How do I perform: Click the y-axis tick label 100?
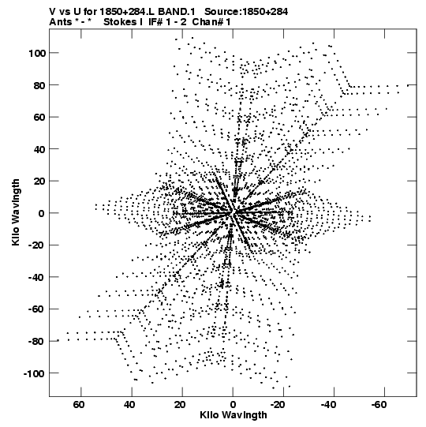37,54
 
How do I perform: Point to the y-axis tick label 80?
39,85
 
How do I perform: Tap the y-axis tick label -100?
34,373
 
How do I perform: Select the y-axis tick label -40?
37,278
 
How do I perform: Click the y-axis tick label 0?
41,213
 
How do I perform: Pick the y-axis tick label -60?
37,309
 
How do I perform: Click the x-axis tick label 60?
78,405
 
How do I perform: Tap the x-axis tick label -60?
379,405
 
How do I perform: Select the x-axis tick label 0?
233,405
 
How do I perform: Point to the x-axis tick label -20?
278,405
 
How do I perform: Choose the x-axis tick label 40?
129,405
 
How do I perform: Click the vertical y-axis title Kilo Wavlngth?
16,212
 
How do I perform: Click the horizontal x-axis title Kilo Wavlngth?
234,415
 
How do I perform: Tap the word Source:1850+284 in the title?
246,12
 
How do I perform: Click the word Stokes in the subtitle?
120,22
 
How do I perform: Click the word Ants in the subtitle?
61,22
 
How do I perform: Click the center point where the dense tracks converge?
233,212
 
